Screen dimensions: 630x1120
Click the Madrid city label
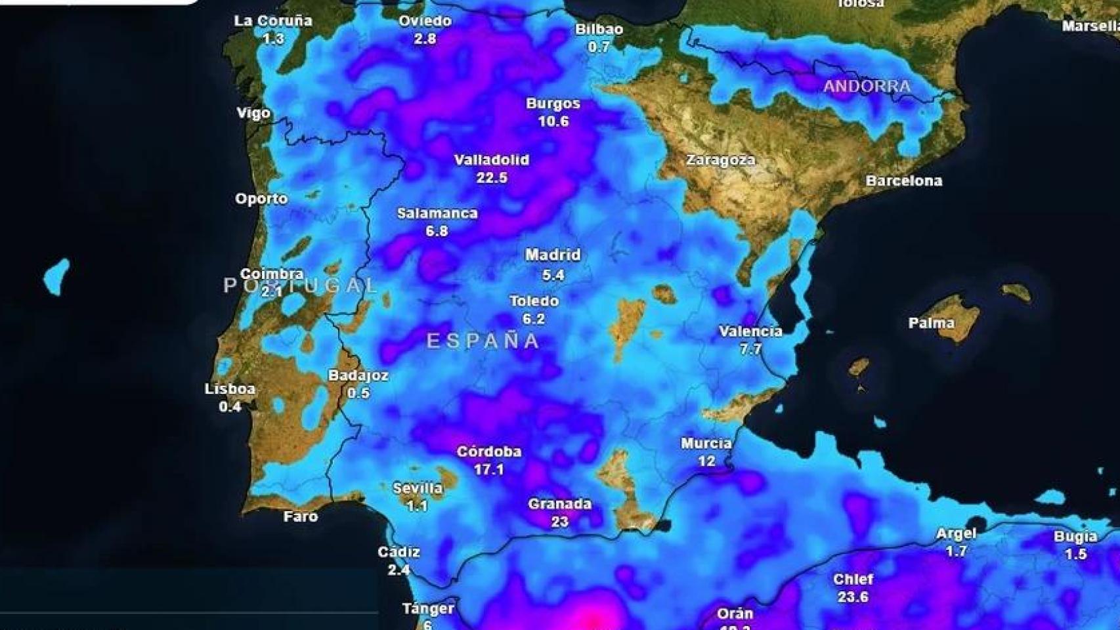(553, 255)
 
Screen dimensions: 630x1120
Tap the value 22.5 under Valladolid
(492, 177)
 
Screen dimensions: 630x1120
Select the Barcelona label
(903, 180)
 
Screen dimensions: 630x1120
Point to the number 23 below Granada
(559, 522)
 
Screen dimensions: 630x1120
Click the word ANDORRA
(867, 86)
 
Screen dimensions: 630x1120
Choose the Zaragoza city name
(720, 159)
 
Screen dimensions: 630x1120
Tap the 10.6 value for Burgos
(553, 121)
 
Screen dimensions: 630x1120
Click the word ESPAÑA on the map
(483, 341)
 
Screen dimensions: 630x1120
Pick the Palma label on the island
(931, 323)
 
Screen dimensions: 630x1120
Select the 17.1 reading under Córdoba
(488, 469)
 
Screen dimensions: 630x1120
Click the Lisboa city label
(230, 388)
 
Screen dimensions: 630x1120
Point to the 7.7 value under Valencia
(750, 349)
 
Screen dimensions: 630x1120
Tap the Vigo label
(253, 113)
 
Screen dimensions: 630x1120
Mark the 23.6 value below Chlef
(853, 597)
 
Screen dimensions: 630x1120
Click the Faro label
(301, 516)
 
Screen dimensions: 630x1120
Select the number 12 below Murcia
(706, 461)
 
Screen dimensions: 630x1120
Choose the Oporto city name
(261, 198)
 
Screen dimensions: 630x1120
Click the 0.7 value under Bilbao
(599, 47)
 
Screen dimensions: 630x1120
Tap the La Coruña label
(273, 21)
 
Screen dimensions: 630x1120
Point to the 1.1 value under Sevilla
(417, 506)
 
